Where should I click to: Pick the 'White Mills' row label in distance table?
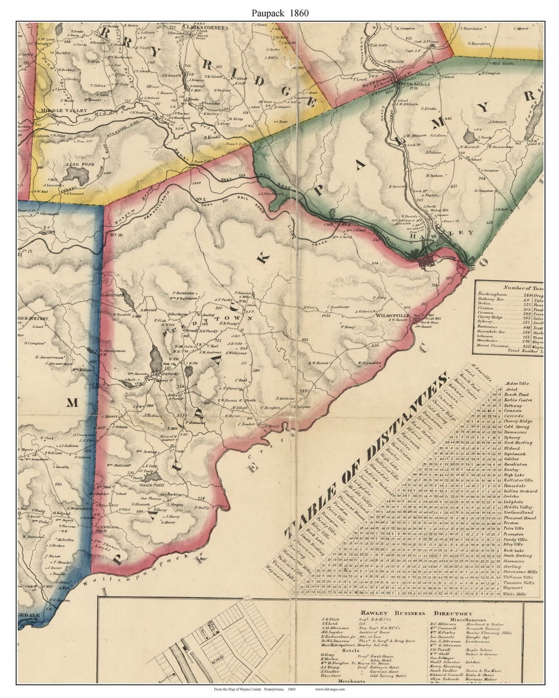514,594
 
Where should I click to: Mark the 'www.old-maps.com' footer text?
329,689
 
